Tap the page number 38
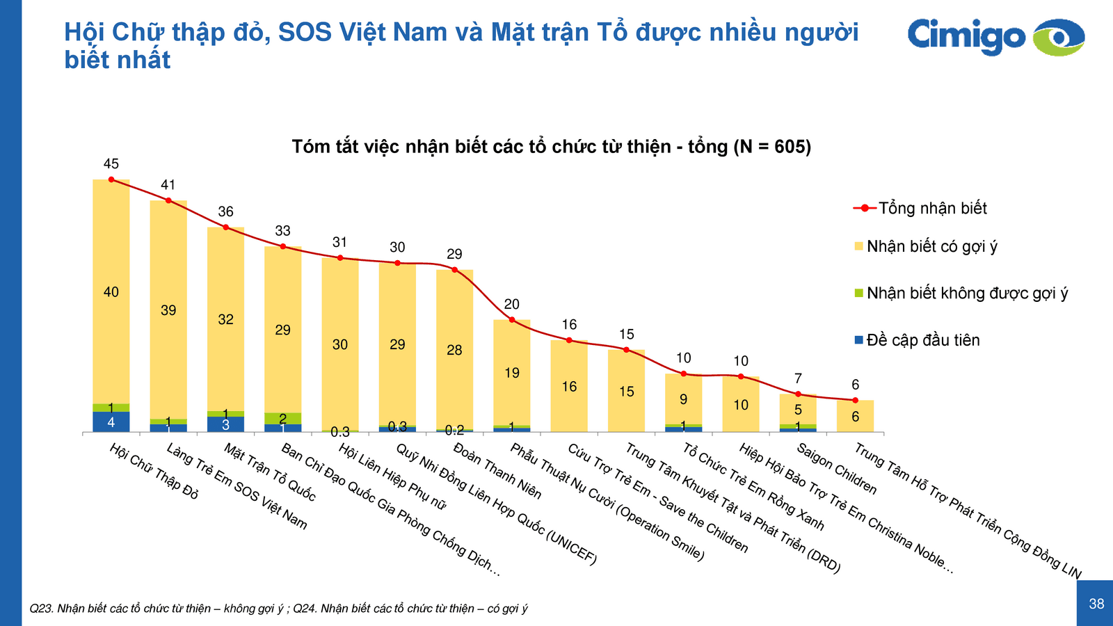[x=1096, y=604]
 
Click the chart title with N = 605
[x=551, y=147]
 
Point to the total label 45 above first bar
[x=111, y=164]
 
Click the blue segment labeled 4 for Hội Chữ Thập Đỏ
[x=111, y=422]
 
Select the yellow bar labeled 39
[x=168, y=310]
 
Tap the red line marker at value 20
[x=512, y=320]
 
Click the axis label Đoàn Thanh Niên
[x=497, y=471]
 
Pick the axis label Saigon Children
[x=837, y=469]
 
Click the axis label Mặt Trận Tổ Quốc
[x=270, y=472]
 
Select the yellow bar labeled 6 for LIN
[x=855, y=417]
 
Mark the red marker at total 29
[x=455, y=270]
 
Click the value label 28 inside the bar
[x=454, y=350]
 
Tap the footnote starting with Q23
[x=278, y=609]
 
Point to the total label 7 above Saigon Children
[x=798, y=379]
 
